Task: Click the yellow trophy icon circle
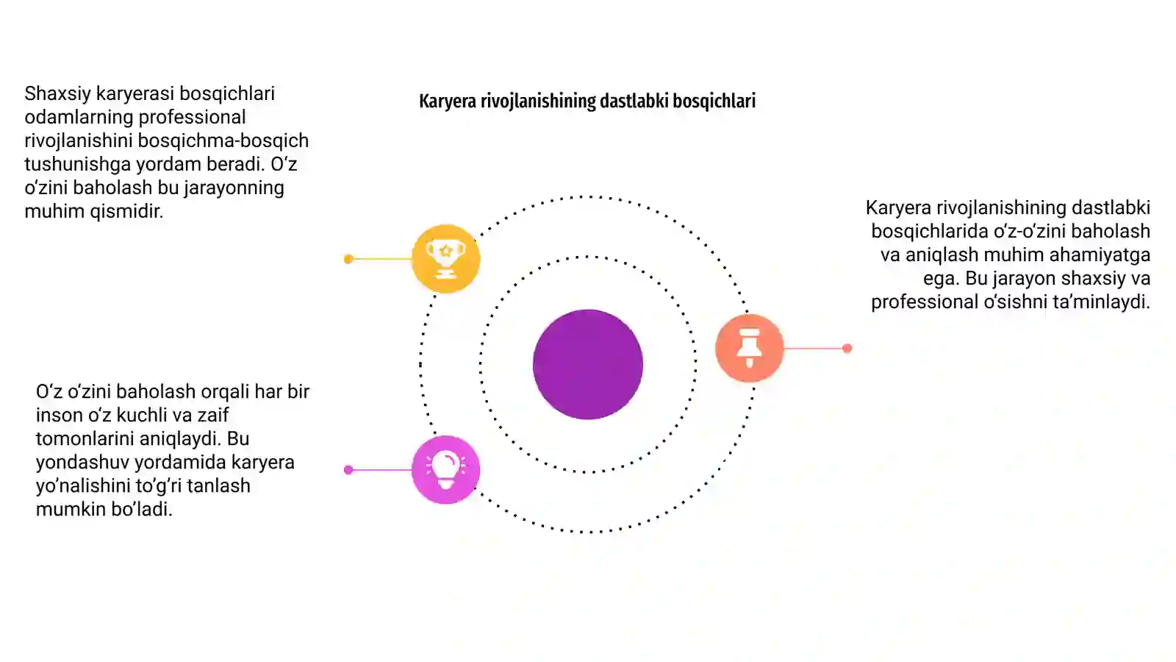click(x=445, y=258)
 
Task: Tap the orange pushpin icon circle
click(x=749, y=348)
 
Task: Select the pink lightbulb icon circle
click(x=445, y=470)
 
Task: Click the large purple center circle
click(x=588, y=364)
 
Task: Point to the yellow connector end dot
click(x=348, y=259)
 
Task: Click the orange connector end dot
click(x=847, y=349)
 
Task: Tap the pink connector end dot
click(x=348, y=470)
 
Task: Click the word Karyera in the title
click(x=448, y=101)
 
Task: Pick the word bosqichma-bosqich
click(x=223, y=140)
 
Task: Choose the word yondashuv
click(x=82, y=463)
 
